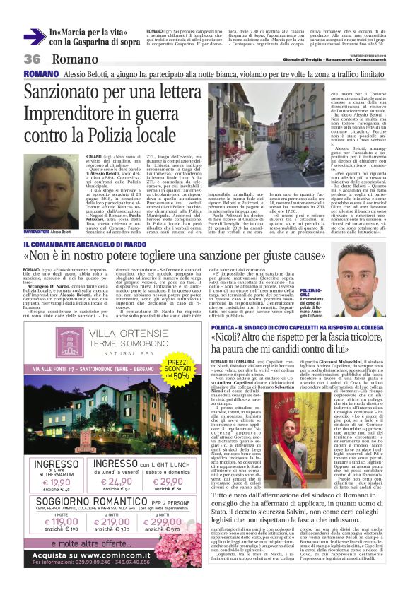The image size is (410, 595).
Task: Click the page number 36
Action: point(33,59)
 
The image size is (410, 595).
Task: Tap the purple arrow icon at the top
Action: point(33,36)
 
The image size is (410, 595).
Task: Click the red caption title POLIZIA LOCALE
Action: point(310,295)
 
